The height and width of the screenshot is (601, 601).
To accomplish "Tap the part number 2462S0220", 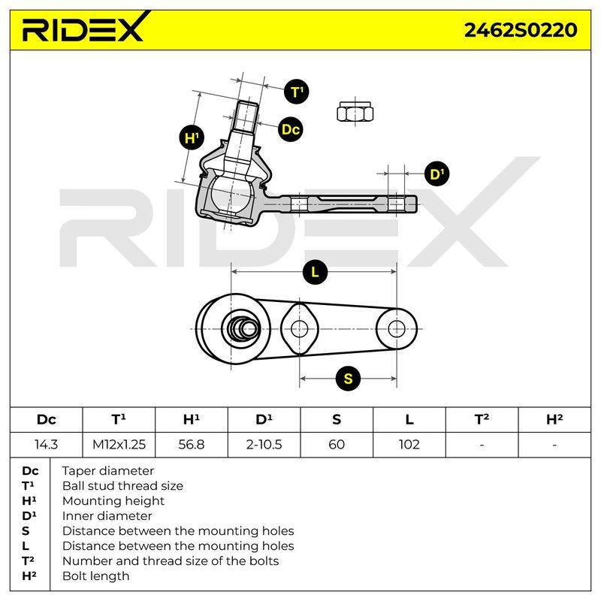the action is (x=521, y=30).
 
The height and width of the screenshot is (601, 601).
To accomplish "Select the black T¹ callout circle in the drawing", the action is (x=297, y=92).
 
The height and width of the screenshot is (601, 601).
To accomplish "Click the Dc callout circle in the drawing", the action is (x=291, y=129).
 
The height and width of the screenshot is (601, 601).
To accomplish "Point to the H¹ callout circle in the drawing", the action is (x=192, y=137).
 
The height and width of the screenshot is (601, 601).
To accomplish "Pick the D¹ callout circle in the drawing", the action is (x=437, y=174).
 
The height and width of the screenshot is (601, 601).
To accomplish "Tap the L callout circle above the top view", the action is (x=315, y=272).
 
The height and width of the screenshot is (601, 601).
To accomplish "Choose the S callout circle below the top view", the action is (x=348, y=379).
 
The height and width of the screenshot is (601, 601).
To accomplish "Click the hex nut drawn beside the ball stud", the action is (x=355, y=112).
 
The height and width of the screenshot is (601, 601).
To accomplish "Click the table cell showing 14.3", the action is (x=46, y=445).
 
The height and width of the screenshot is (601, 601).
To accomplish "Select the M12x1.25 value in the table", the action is (x=119, y=445).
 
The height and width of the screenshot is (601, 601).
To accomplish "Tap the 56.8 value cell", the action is (x=192, y=445).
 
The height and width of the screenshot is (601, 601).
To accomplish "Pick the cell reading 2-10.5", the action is (x=264, y=445).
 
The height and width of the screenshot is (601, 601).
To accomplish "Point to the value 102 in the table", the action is (x=409, y=445).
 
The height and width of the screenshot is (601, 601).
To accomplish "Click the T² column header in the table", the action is (x=482, y=419).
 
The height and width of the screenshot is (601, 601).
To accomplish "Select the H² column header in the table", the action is (x=554, y=419).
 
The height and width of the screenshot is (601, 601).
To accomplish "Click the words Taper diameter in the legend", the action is (x=107, y=471).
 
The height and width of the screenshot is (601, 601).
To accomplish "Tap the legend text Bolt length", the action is (x=95, y=576).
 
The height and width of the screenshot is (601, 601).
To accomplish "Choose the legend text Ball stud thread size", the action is (x=122, y=486).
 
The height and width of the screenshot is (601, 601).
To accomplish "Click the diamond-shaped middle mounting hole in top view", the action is (x=299, y=329).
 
